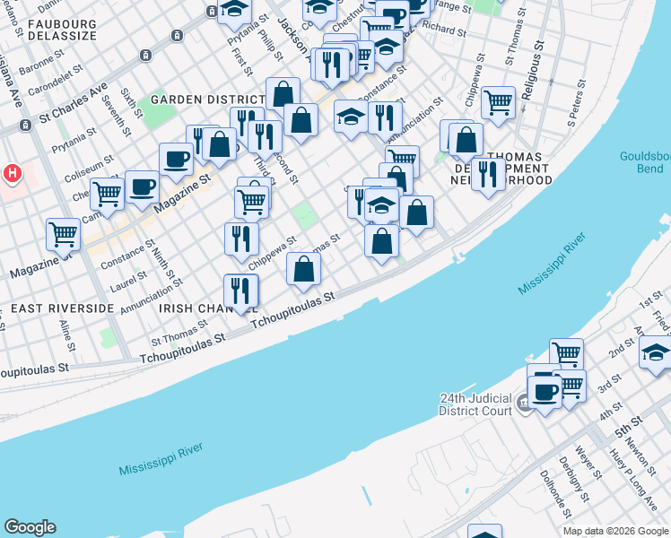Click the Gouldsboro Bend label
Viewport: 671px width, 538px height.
pyautogui.click(x=645, y=162)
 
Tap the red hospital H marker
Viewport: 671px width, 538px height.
pyautogui.click(x=13, y=173)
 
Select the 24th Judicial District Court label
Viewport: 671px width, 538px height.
pyautogui.click(x=475, y=404)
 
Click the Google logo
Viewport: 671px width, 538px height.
pyautogui.click(x=30, y=527)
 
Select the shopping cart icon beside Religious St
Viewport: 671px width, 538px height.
pyautogui.click(x=498, y=101)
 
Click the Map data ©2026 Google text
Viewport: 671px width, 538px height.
pyautogui.click(x=615, y=531)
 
